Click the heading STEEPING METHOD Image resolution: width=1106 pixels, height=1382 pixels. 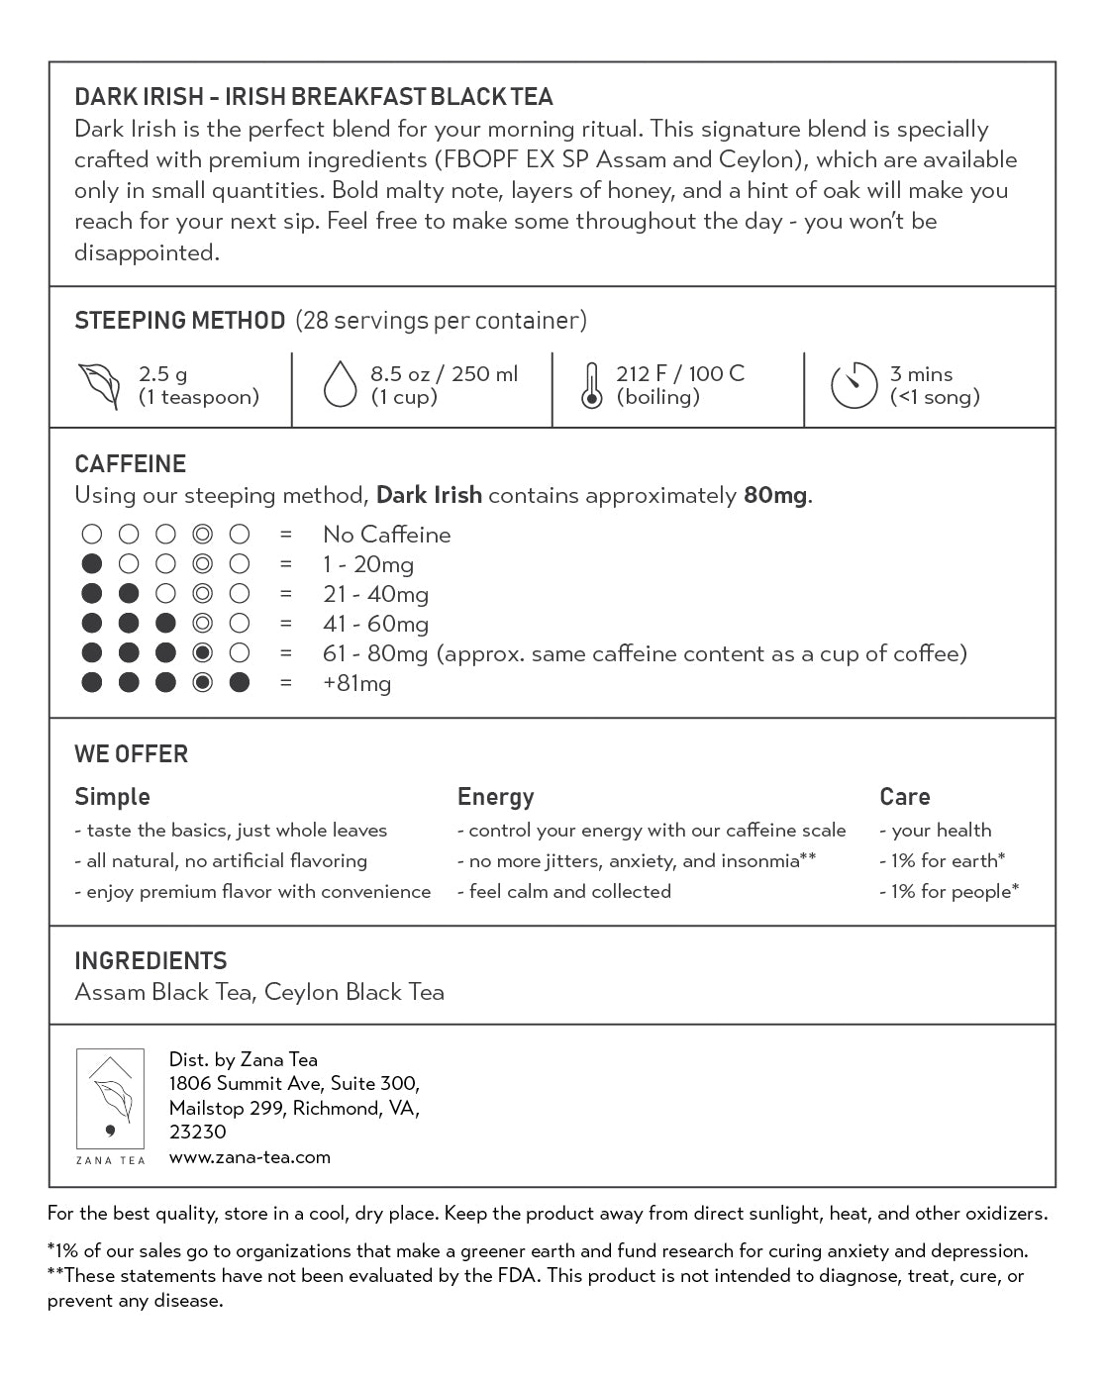coord(179,321)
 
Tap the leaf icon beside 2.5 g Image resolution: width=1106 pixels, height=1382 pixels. coord(99,386)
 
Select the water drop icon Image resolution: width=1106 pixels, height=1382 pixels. coord(340,385)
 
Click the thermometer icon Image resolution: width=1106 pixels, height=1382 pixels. coord(591,386)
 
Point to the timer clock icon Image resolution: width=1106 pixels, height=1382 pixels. coord(854,386)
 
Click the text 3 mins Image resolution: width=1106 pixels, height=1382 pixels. coord(921,374)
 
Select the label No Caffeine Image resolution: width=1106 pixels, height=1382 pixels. coord(386,535)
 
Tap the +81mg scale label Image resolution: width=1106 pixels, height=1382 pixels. coord(356,683)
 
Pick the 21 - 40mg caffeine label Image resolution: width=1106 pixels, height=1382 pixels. coord(375,594)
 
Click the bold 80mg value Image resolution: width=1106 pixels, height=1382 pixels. coord(774,495)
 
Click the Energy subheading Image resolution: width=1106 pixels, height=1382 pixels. coord(495,797)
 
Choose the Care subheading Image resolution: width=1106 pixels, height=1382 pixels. coord(904,797)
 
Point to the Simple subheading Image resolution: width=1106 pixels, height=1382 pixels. coord(112,797)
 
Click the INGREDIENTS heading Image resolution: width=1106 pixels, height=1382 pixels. coord(151,961)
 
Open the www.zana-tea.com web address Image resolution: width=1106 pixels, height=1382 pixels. coord(250,1156)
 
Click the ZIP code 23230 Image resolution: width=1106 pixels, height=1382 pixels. coord(197,1132)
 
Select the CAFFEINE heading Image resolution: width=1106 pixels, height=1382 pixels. coord(130,464)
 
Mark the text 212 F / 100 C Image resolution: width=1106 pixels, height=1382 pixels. coord(679,374)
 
